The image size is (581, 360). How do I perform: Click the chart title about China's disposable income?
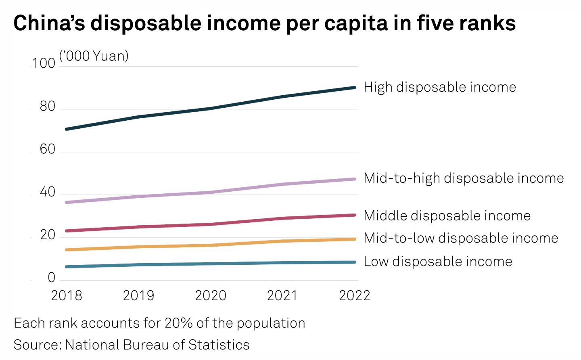coord(264,23)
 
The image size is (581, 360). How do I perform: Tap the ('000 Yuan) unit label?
coord(94,56)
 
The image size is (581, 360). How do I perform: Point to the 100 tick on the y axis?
coord(44,63)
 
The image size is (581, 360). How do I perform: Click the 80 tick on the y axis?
coord(47,107)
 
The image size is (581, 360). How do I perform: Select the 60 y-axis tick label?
coord(47,149)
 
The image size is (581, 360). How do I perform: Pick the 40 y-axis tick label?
coord(47,192)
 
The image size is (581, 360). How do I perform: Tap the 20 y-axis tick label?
coord(47,235)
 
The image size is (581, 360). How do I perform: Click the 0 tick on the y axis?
coord(51,278)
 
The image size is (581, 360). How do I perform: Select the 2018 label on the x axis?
coord(67,296)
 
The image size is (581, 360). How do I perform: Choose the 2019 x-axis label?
coord(138,296)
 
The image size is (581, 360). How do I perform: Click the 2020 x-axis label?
coord(211,296)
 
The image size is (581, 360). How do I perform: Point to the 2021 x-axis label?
coord(282,296)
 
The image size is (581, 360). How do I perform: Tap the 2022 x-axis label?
coord(354,296)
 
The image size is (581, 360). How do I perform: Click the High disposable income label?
coord(440,87)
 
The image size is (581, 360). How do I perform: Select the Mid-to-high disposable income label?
coord(464,178)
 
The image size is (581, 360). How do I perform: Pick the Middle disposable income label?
coord(447,216)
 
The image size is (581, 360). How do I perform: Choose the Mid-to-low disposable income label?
coord(461,238)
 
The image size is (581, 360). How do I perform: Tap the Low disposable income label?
coord(438,262)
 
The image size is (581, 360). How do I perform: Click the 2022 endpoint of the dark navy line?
coord(354,88)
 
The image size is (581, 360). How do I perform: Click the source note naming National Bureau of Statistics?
coord(132,345)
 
